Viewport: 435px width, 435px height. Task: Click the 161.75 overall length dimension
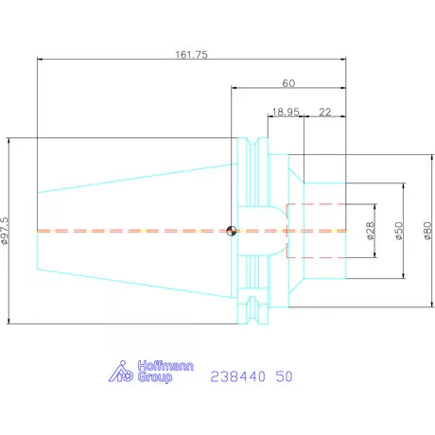click(x=192, y=55)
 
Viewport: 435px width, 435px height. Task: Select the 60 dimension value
click(x=288, y=83)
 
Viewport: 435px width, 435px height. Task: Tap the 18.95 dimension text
click(x=286, y=112)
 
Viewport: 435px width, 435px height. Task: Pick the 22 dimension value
click(x=325, y=112)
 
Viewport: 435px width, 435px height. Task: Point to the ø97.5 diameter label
click(x=6, y=231)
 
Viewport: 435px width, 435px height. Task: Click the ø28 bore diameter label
click(x=371, y=231)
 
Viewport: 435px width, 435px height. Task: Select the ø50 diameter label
click(x=399, y=231)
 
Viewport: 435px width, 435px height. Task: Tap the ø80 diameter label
click(x=427, y=231)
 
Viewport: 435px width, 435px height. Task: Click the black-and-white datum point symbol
click(x=232, y=231)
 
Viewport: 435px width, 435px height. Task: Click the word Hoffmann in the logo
click(x=165, y=366)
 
